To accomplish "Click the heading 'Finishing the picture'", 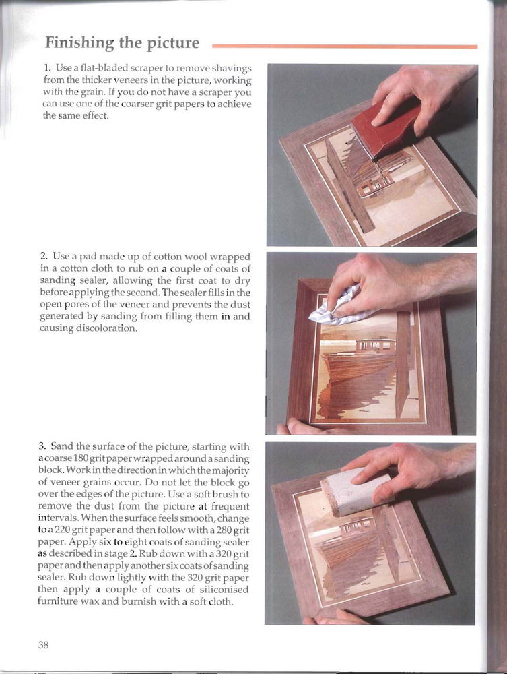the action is [123, 43].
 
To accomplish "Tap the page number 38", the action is [43, 645].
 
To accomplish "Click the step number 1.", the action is [47, 68].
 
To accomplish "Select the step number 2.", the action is [44, 257].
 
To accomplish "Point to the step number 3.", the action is [42, 446].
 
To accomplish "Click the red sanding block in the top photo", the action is [385, 125].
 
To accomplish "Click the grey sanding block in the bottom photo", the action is [356, 491].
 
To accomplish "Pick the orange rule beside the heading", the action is [345, 46].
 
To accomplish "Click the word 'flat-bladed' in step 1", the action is [103, 68].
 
